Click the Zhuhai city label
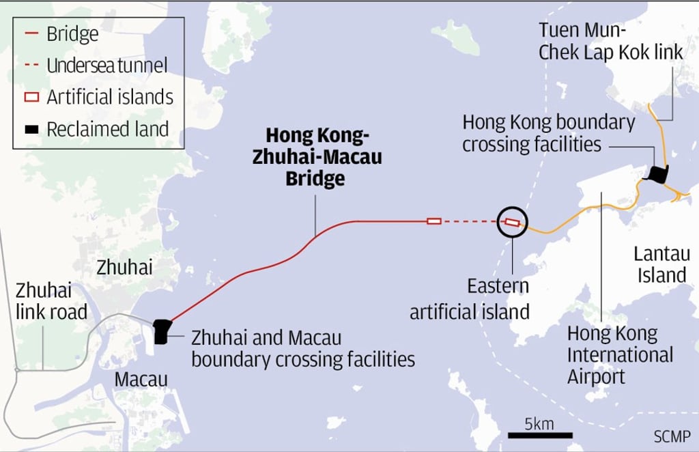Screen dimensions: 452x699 coord(124,267)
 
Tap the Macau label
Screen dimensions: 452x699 coord(141,378)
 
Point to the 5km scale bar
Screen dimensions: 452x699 coord(539,435)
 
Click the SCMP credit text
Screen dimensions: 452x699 coord(671,436)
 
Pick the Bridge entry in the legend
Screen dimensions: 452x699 coord(72,34)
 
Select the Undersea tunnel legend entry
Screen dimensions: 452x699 coord(106,66)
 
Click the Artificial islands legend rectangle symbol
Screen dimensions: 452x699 coord(31,97)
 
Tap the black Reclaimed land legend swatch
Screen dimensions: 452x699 coord(31,128)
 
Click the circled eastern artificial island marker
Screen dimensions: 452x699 coord(512,221)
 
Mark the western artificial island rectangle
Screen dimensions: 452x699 coord(433,221)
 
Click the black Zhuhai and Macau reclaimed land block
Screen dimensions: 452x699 coord(161,331)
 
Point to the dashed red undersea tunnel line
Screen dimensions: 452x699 coord(471,221)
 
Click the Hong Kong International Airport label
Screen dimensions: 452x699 coord(620,355)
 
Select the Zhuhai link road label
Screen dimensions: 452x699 coord(51,302)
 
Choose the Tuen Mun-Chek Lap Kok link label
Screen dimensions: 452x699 coord(610,41)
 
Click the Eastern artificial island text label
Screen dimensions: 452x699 coord(470,298)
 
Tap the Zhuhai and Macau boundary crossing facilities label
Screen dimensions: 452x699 coord(303,348)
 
